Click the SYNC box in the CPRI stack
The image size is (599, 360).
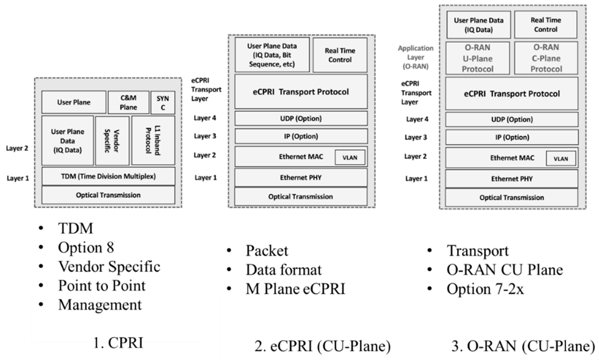pyautogui.click(x=163, y=102)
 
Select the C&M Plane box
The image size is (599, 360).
pyautogui.click(x=128, y=102)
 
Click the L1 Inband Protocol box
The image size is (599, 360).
pyautogui.click(x=153, y=141)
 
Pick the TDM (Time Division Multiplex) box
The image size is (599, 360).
pyautogui.click(x=108, y=176)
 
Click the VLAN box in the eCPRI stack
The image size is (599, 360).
pyautogui.click(x=350, y=158)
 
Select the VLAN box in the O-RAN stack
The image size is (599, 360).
pyautogui.click(x=560, y=159)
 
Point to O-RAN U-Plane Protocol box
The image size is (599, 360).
pyautogui.click(x=477, y=58)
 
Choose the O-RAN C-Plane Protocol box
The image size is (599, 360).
pyautogui.click(x=546, y=58)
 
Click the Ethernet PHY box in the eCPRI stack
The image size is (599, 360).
pyautogui.click(x=301, y=178)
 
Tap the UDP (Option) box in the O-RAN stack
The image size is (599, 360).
pyautogui.click(x=511, y=120)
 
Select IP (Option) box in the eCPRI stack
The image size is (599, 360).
pyautogui.click(x=301, y=136)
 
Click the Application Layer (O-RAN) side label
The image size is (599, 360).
pyautogui.click(x=415, y=57)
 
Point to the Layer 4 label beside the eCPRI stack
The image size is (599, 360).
pyautogui.click(x=205, y=118)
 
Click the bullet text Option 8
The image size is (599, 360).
pyautogui.click(x=86, y=248)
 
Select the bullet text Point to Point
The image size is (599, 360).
pyautogui.click(x=102, y=286)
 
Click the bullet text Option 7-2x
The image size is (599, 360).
pyautogui.click(x=485, y=289)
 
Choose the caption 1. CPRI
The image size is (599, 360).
pyautogui.click(x=118, y=343)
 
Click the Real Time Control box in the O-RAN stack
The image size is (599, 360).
pyautogui.click(x=545, y=25)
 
